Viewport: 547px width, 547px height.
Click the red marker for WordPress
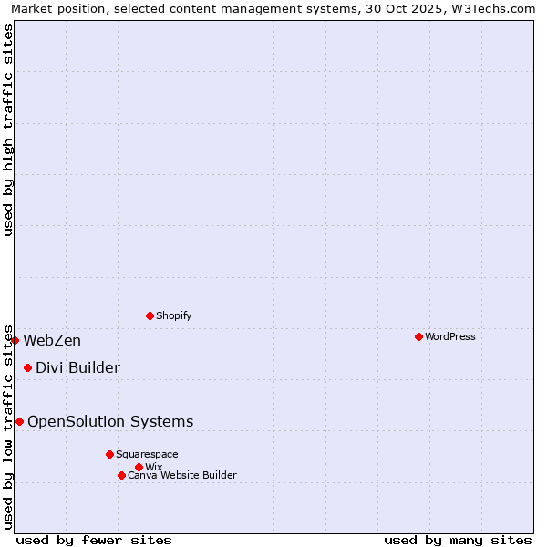point(418,336)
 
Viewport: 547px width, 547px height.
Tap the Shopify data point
point(150,315)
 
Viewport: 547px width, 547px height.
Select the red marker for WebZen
point(15,340)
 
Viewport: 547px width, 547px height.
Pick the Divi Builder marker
point(27,367)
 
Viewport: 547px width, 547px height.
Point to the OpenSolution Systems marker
point(19,421)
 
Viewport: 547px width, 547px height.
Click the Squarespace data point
point(109,454)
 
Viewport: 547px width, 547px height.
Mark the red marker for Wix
point(139,467)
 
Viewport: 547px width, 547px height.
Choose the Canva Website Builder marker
point(121,475)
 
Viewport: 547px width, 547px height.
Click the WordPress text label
point(450,336)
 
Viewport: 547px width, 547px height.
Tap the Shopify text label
point(173,315)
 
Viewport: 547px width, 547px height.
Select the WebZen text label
point(52,341)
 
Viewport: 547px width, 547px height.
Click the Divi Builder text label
point(77,368)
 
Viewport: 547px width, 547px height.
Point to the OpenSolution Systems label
point(110,421)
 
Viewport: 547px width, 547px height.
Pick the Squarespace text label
point(147,454)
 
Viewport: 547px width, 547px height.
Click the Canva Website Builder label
point(182,475)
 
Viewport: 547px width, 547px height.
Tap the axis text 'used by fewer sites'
point(94,540)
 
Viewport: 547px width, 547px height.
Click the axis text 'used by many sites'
point(458,540)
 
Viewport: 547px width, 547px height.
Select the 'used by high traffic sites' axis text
point(8,129)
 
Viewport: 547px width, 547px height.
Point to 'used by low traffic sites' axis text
point(8,426)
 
